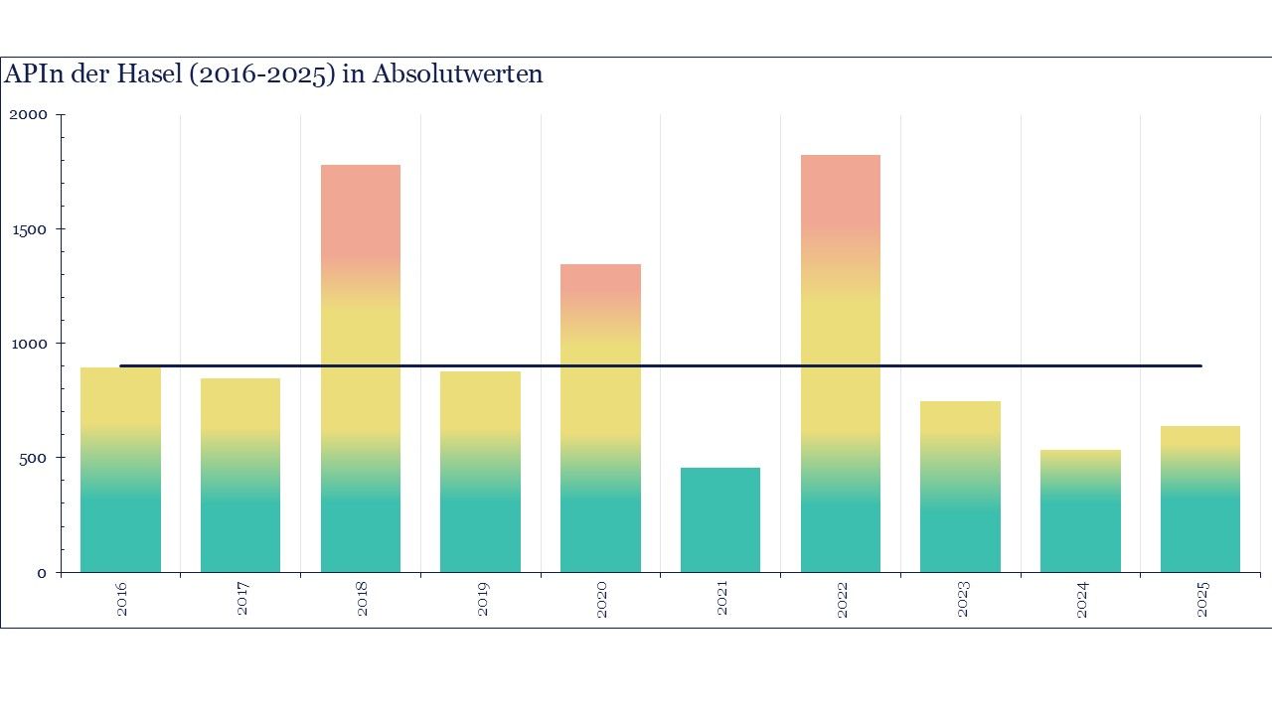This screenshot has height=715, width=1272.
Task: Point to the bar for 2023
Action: (x=960, y=487)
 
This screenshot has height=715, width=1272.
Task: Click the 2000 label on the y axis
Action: (x=28, y=115)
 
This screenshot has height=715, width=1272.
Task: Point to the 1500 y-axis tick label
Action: (x=28, y=229)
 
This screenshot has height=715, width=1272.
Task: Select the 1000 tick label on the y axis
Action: (x=28, y=344)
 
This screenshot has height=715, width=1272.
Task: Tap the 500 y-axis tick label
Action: (x=33, y=458)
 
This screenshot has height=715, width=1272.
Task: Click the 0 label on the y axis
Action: (x=42, y=573)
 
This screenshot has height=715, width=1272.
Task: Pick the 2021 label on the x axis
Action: (x=722, y=600)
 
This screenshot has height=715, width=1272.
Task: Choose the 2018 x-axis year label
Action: (x=363, y=600)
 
